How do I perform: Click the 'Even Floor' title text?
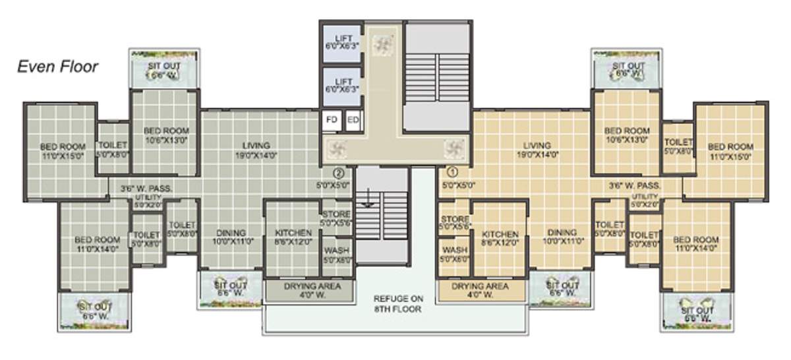point(58,67)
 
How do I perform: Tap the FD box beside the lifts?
point(332,120)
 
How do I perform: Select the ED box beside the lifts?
point(353,120)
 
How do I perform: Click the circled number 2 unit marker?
point(338,173)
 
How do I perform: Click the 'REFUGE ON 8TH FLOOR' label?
point(397,303)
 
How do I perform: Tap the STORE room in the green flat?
point(336,218)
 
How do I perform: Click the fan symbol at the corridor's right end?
point(453,147)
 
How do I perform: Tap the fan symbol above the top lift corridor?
point(382,44)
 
